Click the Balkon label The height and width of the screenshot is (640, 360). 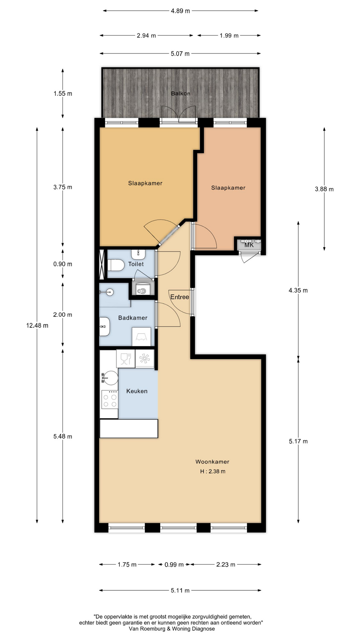coord(181,93)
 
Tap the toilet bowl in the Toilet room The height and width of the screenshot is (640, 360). coord(114,266)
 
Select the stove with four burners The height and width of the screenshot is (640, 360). coord(110,399)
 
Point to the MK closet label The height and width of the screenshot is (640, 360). coord(249,245)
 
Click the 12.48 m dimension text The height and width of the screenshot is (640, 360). coord(37,325)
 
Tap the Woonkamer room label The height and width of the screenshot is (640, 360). coord(212,462)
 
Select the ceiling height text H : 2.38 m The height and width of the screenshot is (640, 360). coord(213,471)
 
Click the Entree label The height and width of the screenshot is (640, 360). coord(180,297)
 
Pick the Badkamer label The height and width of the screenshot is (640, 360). coord(133,318)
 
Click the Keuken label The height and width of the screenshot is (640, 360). coord(137,391)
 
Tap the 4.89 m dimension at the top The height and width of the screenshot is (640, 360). coord(180,11)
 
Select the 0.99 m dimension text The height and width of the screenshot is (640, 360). coord(174,564)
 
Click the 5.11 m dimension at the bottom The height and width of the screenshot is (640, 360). coord(180,590)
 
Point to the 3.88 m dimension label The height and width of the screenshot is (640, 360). coord(324,189)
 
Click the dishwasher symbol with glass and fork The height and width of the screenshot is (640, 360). coord(126,358)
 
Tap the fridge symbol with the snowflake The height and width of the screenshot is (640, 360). coord(145,359)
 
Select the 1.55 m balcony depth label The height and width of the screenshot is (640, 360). coord(63,93)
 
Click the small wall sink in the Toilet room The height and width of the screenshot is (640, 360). coord(138,254)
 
